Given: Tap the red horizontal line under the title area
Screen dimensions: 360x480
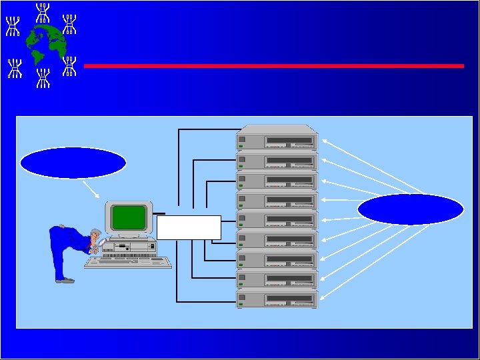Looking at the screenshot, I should pyautogui.click(x=273, y=66).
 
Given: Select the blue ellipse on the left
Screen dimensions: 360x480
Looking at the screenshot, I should pyautogui.click(x=73, y=163).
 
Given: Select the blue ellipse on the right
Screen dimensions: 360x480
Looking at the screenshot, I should pyautogui.click(x=410, y=209).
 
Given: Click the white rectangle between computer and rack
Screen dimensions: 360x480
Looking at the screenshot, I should pyautogui.click(x=189, y=227).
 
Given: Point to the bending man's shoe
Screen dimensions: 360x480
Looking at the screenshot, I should pyautogui.click(x=65, y=281).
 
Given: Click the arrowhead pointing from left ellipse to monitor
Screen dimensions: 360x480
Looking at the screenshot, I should pyautogui.click(x=99, y=197).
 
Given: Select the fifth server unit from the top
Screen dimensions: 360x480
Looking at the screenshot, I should pyautogui.click(x=277, y=219).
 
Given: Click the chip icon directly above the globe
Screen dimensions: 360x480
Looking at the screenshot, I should pyautogui.click(x=43, y=11).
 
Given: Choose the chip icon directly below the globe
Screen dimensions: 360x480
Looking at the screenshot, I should pyautogui.click(x=43, y=76).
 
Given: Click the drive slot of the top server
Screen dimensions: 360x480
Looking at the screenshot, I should pyautogui.click(x=289, y=141).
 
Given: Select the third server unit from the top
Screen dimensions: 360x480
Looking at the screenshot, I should pyautogui.click(x=277, y=181).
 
